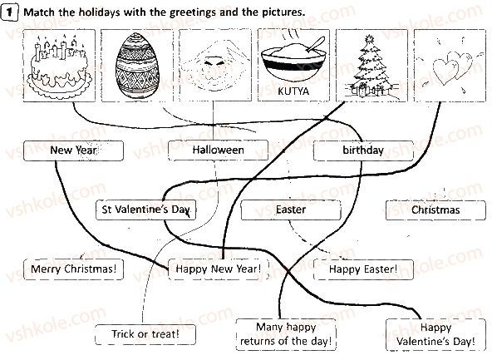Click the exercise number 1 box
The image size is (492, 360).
click(x=9, y=12)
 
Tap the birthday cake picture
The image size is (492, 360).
click(x=59, y=66)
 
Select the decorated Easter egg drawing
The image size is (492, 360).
click(x=137, y=66)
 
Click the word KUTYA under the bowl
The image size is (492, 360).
click(x=293, y=91)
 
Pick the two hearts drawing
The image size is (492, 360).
click(x=452, y=68)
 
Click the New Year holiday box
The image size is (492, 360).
click(x=73, y=150)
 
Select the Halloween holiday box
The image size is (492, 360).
click(x=218, y=150)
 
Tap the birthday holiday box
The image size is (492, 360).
click(x=363, y=150)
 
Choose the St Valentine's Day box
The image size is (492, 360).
click(x=146, y=210)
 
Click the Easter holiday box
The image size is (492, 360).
click(x=291, y=210)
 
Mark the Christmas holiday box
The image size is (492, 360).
click(x=435, y=210)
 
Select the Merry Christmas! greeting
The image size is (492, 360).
click(x=73, y=269)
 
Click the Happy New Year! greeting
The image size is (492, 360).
click(x=219, y=269)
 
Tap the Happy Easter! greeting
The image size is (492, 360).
click(x=363, y=269)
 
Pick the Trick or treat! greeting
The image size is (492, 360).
click(x=145, y=334)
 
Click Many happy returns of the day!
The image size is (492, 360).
click(x=286, y=334)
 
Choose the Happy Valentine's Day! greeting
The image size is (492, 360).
click(x=435, y=334)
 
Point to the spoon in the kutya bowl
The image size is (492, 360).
click(x=315, y=44)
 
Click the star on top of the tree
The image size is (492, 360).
click(x=368, y=39)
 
